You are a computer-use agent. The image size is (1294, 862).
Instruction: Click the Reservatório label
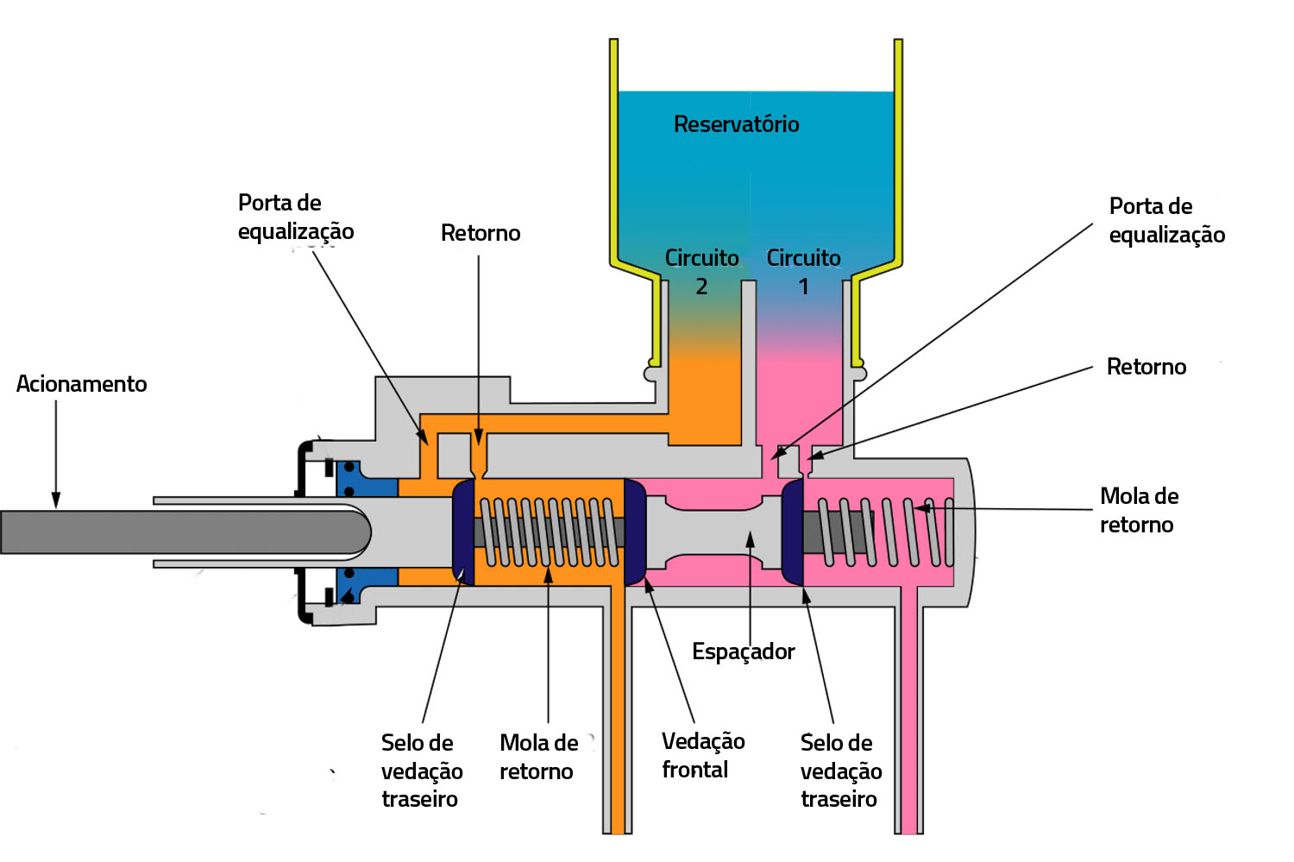tap(736, 124)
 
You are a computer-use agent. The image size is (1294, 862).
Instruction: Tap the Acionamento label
tap(81, 384)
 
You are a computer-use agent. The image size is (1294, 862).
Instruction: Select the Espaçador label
tap(743, 651)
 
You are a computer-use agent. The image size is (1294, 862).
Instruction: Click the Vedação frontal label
tap(702, 755)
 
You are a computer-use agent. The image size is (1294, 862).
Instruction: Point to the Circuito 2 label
tap(701, 272)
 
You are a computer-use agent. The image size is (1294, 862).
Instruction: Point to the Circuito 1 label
tap(803, 272)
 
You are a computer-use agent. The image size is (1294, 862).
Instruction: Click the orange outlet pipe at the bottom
tap(618, 733)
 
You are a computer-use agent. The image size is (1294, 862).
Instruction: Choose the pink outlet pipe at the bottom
tap(908, 733)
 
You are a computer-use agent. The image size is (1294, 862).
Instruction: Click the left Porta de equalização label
tap(296, 217)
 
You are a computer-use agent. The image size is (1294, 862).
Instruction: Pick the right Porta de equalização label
tap(1166, 220)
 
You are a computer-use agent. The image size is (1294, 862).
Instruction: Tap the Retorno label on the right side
tap(1146, 367)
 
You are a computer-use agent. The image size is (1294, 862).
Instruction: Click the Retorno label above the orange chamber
tap(481, 233)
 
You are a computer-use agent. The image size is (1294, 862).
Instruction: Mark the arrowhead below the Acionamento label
tap(56, 500)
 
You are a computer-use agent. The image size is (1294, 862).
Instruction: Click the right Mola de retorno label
tap(1139, 510)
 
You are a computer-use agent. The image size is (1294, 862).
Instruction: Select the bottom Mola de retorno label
tap(538, 757)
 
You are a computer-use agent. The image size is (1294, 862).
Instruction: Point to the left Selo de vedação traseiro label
tap(421, 771)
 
